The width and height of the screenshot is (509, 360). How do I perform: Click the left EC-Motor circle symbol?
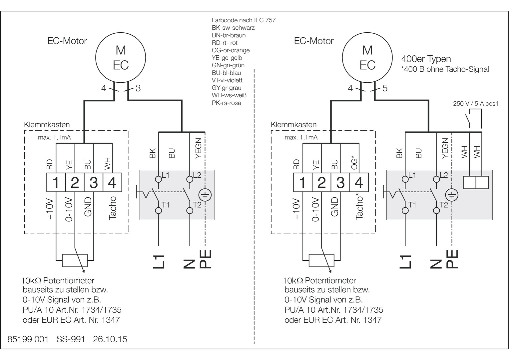pos(121,57)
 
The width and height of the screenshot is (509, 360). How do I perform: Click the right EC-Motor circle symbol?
pos(367,57)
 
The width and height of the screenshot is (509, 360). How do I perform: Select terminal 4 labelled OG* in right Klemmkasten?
pos(359,182)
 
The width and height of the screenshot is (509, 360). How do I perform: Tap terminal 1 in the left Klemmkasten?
pos(56,182)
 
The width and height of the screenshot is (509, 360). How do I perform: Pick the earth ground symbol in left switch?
pos(205,195)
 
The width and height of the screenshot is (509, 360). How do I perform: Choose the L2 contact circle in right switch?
pos(436,179)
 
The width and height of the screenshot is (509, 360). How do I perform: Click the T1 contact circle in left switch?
pos(158,210)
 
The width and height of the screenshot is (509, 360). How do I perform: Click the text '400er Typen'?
pos(426,59)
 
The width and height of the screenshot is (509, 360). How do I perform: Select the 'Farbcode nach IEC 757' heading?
pos(244,20)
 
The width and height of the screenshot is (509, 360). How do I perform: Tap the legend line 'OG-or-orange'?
pos(231,50)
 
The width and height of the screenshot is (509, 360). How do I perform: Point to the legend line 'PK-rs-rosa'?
pos(226,103)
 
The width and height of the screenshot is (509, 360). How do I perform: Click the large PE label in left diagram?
pos(205,259)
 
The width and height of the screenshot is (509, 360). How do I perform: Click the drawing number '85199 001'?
pos(28,339)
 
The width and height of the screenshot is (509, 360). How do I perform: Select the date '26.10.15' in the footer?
pos(110,339)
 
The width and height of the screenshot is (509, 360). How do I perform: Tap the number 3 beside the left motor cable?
pos(138,88)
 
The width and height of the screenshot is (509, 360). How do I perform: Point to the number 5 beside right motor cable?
pos(385,88)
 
